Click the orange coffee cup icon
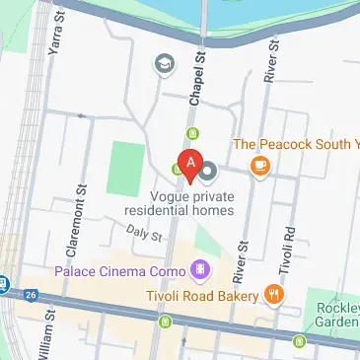tap(259, 165)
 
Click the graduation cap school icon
tap(163, 65)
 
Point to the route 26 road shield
tap(33, 293)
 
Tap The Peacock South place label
tap(295, 144)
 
